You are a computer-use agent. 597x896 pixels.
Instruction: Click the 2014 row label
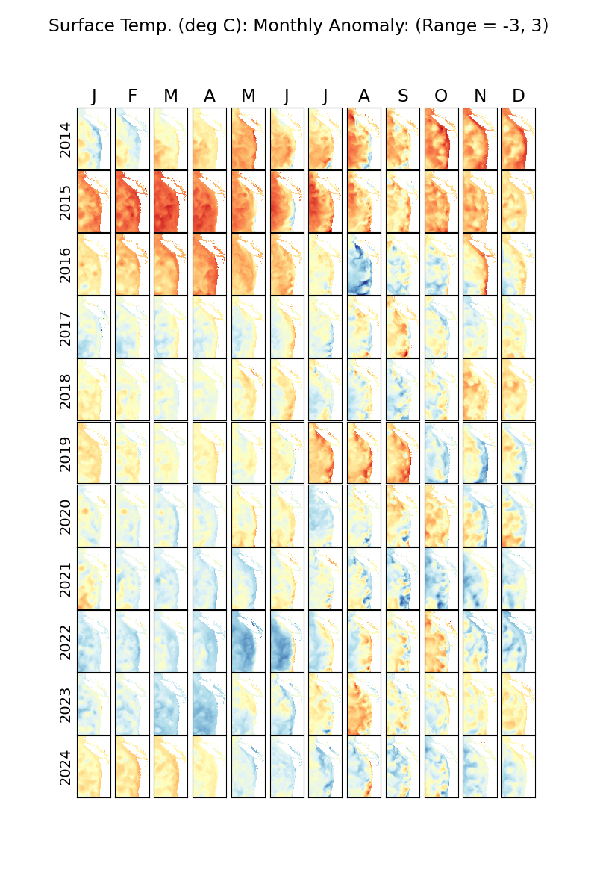pyautogui.click(x=66, y=139)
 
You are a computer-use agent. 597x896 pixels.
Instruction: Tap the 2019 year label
pyautogui.click(x=66, y=452)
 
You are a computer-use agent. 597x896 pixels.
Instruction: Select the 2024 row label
pyautogui.click(x=66, y=767)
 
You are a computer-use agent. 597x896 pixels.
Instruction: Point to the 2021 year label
pyautogui.click(x=66, y=579)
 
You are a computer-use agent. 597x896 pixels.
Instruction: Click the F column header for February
pyautogui.click(x=132, y=96)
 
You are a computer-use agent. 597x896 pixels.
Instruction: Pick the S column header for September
pyautogui.click(x=403, y=96)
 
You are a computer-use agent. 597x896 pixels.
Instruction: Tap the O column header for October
pyautogui.click(x=441, y=96)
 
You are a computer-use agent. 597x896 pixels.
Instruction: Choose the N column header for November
pyautogui.click(x=480, y=96)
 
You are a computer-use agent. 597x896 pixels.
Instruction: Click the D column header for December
pyautogui.click(x=519, y=96)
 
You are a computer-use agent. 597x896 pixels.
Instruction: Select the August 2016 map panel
pyautogui.click(x=364, y=264)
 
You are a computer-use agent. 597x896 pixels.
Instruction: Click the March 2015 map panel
pyautogui.click(x=171, y=202)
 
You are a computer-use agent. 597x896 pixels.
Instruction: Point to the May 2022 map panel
pyautogui.click(x=248, y=641)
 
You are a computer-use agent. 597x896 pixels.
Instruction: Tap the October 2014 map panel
pyautogui.click(x=441, y=139)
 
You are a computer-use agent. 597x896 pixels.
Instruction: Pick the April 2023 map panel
pyautogui.click(x=209, y=703)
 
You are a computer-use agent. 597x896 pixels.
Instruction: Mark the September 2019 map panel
pyautogui.click(x=403, y=452)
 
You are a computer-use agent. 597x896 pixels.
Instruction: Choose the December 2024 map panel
pyautogui.click(x=519, y=767)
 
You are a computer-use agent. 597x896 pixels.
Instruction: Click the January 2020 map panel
pyautogui.click(x=93, y=515)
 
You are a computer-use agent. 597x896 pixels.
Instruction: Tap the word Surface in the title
pyautogui.click(x=78, y=25)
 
